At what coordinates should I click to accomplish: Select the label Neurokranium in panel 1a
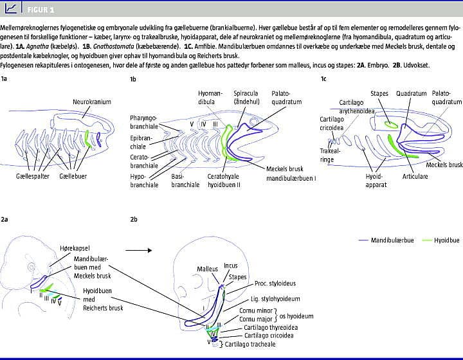[91, 102]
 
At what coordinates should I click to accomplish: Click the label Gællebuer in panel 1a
[74, 175]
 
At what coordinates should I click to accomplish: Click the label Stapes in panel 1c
[379, 94]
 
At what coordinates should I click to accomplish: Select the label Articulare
[415, 175]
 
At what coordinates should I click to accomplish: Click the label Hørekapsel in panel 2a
[89, 248]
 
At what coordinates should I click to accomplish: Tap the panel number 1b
[133, 78]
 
